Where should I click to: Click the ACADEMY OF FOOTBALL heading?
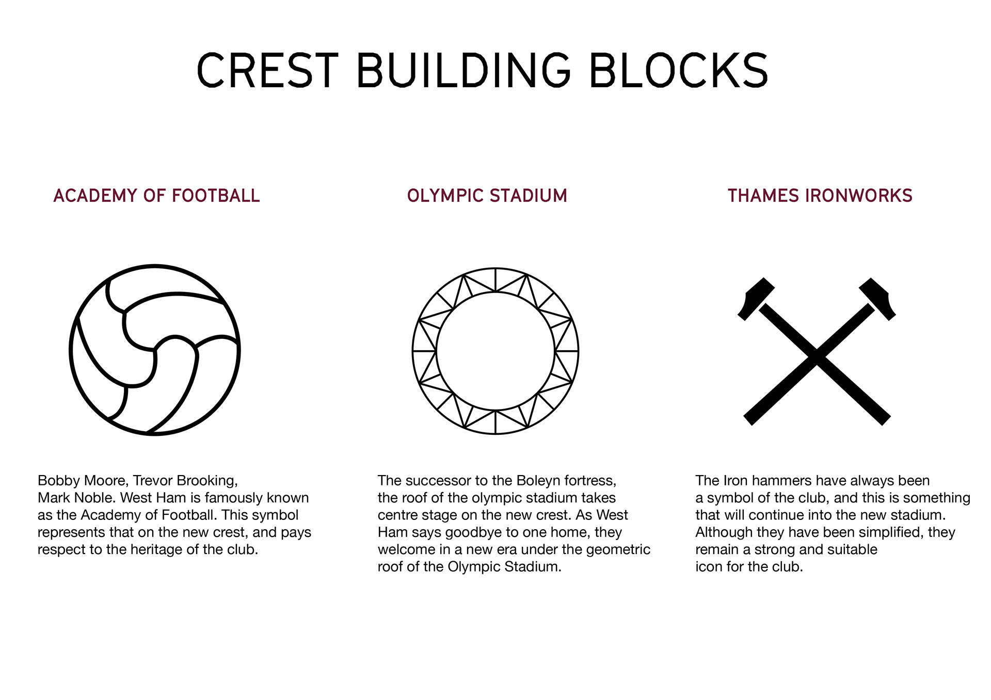click(156, 196)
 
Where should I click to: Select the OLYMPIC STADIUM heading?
click(487, 196)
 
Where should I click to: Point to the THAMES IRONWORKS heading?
click(820, 196)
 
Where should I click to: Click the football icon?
click(155, 350)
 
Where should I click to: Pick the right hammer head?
click(878, 298)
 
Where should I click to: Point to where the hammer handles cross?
click(817, 356)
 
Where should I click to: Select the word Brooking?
click(206, 481)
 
